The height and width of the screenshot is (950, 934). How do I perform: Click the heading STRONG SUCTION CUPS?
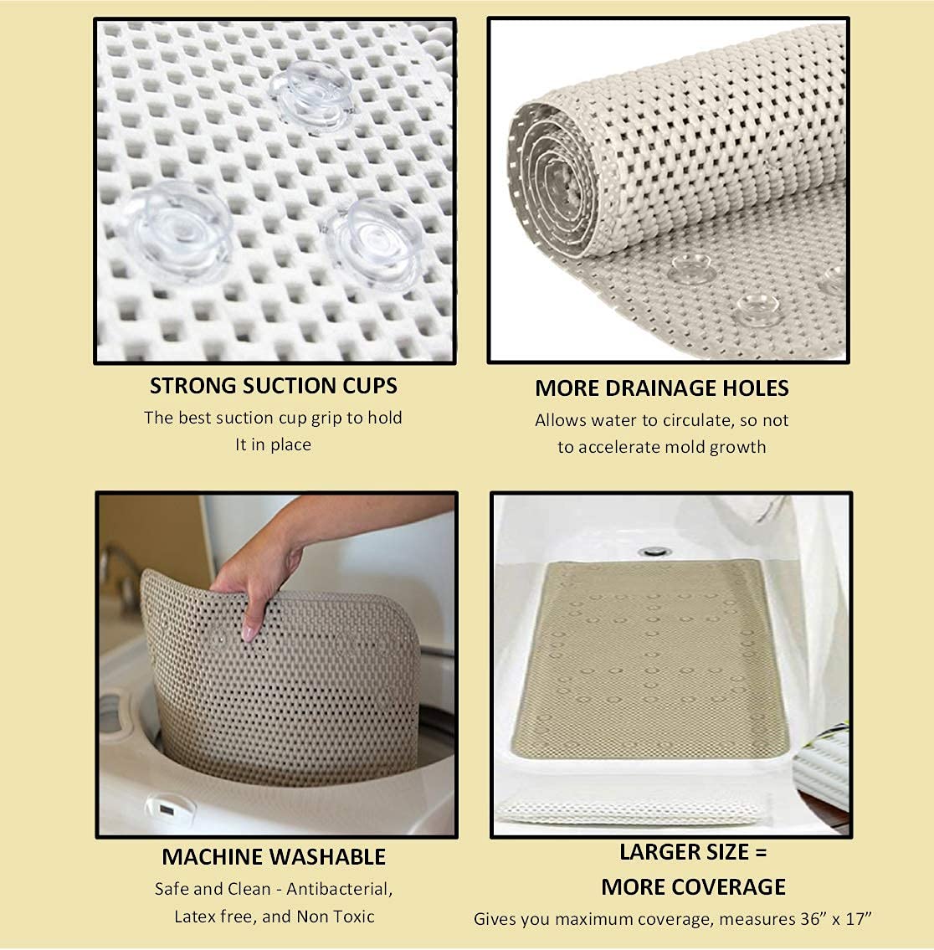pyautogui.click(x=274, y=386)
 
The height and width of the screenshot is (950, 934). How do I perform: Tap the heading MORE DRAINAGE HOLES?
pyautogui.click(x=661, y=388)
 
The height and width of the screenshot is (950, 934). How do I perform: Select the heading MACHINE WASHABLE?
pyautogui.click(x=274, y=857)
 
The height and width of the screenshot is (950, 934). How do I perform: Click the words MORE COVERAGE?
pyautogui.click(x=693, y=887)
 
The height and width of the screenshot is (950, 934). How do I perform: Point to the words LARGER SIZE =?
pyautogui.click(x=693, y=852)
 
